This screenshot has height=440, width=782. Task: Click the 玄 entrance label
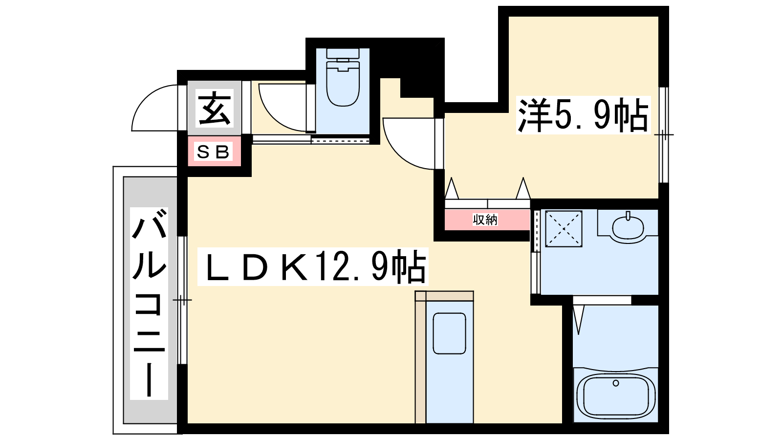[x=215, y=108]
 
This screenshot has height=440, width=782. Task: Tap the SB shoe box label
[x=213, y=152]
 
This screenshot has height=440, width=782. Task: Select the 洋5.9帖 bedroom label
[x=583, y=115]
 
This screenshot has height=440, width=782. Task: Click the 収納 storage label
[x=485, y=220]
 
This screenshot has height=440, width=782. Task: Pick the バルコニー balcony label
[x=149, y=303]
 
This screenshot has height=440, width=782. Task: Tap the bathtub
[x=615, y=396]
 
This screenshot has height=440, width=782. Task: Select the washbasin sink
[x=628, y=227]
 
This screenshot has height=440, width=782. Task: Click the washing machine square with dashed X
[x=564, y=229]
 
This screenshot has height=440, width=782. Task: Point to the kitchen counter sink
[x=449, y=333]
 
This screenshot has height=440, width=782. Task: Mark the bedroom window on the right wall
[x=663, y=135]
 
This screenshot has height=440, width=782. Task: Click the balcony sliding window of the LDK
[x=182, y=300]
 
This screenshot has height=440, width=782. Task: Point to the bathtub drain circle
[x=616, y=383]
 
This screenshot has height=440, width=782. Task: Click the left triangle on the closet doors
[x=452, y=188]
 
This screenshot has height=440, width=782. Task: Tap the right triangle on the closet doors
[x=523, y=188]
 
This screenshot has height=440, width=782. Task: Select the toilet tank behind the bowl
[x=343, y=54]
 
